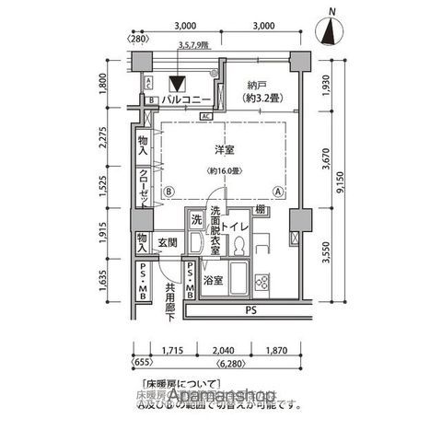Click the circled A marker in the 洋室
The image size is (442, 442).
[277, 192]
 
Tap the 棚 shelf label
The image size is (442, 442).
[262, 211]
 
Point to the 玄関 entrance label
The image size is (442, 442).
[167, 243]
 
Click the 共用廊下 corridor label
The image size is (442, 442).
[171, 300]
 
